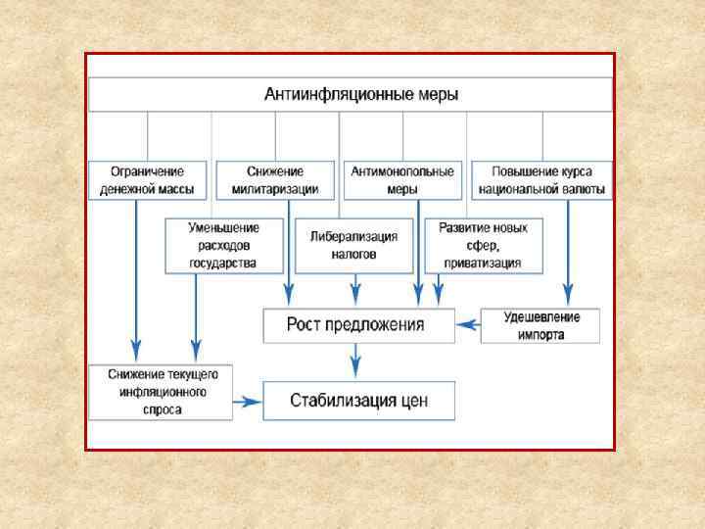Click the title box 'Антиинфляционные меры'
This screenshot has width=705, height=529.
(x=351, y=95)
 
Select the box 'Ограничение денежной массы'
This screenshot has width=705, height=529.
(x=149, y=180)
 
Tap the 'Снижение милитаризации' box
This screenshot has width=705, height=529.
(x=275, y=180)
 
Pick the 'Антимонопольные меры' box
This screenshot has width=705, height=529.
(x=402, y=180)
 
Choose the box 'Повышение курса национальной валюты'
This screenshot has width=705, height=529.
(x=541, y=180)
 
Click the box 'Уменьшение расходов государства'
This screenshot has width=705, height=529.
(x=224, y=245)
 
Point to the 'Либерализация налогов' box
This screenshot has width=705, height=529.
(x=354, y=245)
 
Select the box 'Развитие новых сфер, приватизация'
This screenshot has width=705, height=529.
(x=482, y=245)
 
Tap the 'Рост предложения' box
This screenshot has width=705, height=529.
(x=358, y=325)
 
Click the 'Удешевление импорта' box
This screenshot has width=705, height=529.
(x=540, y=325)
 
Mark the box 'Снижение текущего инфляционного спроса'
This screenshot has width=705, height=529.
(x=161, y=392)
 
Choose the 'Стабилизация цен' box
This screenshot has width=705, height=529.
(x=358, y=401)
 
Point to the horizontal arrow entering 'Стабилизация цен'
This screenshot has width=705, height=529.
(x=248, y=401)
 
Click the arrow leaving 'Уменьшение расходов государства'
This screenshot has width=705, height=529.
(x=196, y=313)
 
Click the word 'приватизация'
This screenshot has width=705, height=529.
(x=483, y=263)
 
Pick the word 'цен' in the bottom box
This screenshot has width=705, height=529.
(x=412, y=401)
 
